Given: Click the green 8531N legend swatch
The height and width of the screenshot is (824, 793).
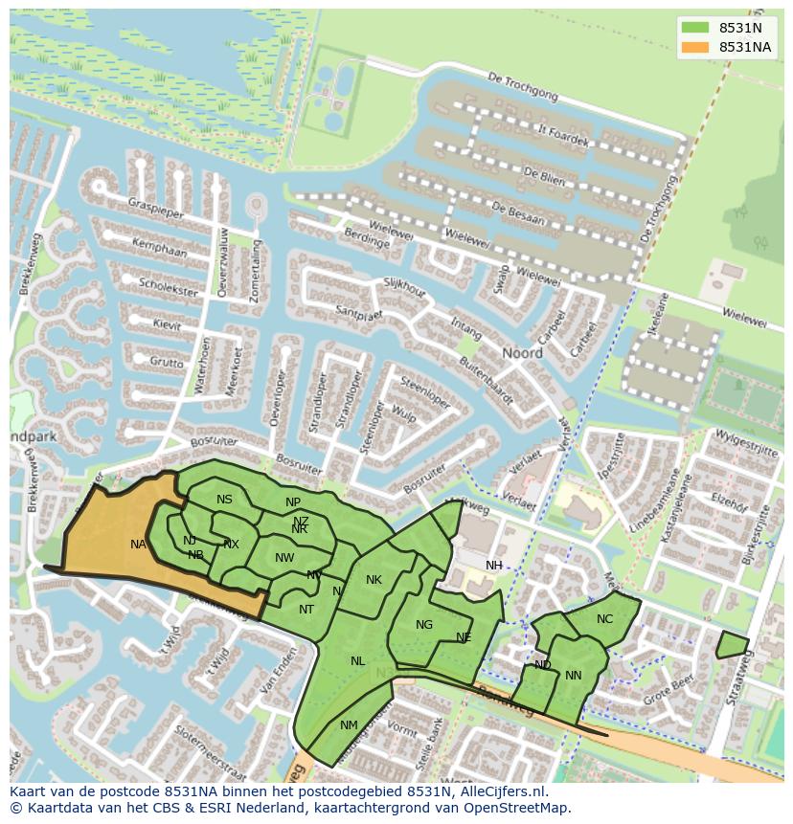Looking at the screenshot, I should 696,27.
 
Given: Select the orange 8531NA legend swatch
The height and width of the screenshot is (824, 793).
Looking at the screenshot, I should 696,47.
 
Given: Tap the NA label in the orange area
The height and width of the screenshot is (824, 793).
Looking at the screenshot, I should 138,545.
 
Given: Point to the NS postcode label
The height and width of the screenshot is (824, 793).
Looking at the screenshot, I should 224,500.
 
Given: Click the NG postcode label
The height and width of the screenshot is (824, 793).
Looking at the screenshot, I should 424,625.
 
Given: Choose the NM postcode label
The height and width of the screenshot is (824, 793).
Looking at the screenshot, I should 349,725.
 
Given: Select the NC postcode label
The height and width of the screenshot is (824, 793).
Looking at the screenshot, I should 604,619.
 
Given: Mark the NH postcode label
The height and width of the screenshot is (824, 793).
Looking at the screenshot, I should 493,566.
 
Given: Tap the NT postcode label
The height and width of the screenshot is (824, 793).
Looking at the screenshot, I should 306,610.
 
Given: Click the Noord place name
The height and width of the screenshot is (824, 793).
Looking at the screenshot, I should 523,353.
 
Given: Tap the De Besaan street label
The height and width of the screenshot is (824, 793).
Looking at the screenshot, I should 517,212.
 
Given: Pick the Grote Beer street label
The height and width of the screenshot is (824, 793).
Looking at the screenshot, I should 668,691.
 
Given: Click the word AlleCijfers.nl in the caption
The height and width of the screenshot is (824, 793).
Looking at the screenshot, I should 499,791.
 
